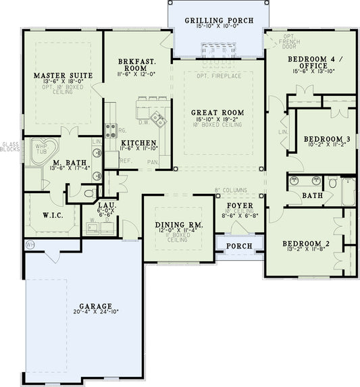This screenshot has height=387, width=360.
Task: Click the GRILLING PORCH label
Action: (220, 20)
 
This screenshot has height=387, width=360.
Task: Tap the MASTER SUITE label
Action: (63, 75)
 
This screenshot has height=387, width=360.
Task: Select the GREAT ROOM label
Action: (217, 112)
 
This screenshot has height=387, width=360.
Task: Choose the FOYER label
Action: (239, 205)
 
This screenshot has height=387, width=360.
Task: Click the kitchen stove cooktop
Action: (158, 120)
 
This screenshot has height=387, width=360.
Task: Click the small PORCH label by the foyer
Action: (238, 246)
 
